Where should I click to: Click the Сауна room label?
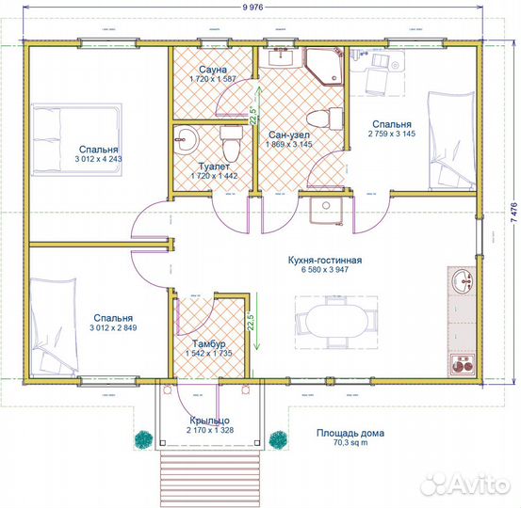coord(213,70)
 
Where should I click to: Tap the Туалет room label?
coord(214,167)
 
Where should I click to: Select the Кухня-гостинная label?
coord(325,260)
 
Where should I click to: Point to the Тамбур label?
coord(209,343)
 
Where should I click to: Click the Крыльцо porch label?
coord(210,421)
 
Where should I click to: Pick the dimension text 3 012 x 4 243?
coord(98,159)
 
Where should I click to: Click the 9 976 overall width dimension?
coord(252,7)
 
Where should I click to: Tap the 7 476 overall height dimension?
coord(513,213)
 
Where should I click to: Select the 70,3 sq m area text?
coord(350,443)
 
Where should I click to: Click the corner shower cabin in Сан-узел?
coord(324,67)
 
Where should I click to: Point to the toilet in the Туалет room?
coord(231,143)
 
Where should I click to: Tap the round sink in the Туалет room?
coord(186,140)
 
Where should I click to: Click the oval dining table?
coord(336,321)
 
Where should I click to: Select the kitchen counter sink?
coord(463,280)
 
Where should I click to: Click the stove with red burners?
coord(463,364)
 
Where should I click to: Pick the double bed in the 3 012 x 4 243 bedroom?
coord(77,139)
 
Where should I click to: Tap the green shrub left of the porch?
coord(144,439)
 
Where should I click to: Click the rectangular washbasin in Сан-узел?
coord(281,57)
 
